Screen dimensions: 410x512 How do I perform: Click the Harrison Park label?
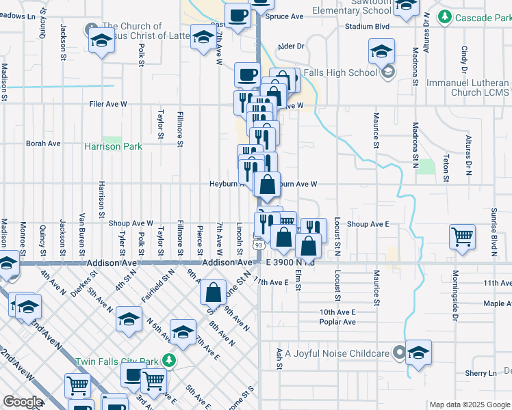(113, 146)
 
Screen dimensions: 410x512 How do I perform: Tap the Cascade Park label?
(474, 15)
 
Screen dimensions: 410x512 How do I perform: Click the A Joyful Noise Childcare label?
(337, 353)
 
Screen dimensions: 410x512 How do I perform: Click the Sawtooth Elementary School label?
(350, 7)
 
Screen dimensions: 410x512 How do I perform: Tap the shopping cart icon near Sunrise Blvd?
(463, 238)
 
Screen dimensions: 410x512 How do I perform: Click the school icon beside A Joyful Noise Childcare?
(418, 353)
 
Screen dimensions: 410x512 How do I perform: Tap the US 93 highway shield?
(258, 245)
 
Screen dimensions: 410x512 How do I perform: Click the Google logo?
(23, 402)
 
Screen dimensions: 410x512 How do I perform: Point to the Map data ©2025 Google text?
(469, 405)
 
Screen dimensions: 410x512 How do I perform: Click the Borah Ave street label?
(43, 144)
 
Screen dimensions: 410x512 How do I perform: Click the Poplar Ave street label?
(337, 322)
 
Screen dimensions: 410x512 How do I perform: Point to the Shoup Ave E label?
(368, 223)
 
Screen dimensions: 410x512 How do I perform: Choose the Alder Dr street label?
(290, 46)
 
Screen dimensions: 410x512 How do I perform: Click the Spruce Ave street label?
(285, 16)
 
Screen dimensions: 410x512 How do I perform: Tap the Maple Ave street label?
(497, 303)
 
